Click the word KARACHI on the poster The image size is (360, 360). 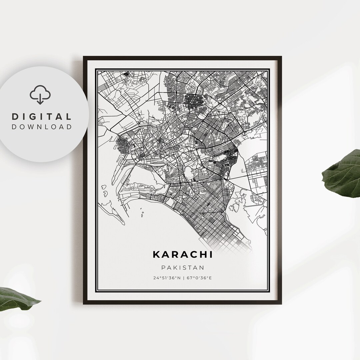coord(182,254)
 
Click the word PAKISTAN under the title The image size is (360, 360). coord(182,268)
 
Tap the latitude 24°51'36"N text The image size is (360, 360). coord(166,278)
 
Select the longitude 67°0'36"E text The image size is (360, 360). coord(199,278)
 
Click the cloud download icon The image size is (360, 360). coord(40,94)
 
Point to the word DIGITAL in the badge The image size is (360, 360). coord(42,117)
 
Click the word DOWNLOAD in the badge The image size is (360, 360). coord(42,127)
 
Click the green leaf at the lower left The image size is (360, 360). coord(17,299)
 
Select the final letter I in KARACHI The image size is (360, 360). coord(211,254)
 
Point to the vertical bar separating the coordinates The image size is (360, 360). coord(183,278)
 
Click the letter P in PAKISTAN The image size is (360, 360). coord(163,268)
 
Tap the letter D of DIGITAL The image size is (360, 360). coord(15,117)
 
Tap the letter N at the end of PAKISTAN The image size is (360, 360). coord(202,268)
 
